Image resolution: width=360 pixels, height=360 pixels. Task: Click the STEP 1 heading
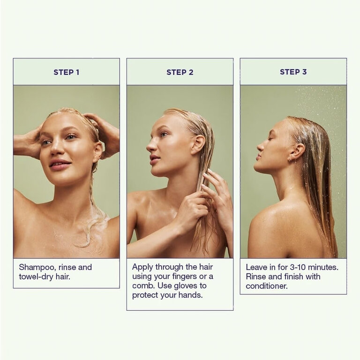tap(67, 72)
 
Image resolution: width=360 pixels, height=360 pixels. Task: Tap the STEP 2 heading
tap(180, 72)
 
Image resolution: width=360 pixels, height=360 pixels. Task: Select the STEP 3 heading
tap(293, 72)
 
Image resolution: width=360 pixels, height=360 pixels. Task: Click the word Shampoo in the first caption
tap(37, 268)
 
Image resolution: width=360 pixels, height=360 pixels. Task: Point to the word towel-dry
tap(36, 277)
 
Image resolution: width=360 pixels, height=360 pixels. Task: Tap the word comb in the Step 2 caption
tap(142, 285)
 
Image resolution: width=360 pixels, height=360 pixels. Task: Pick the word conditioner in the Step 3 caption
tap(267, 286)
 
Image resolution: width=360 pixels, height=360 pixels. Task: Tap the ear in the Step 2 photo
tap(198, 145)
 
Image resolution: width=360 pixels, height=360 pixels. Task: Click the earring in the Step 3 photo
tap(291, 158)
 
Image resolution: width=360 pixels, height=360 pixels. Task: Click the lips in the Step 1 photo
tap(60, 164)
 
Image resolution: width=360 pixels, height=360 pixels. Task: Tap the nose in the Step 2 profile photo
tap(150, 145)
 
